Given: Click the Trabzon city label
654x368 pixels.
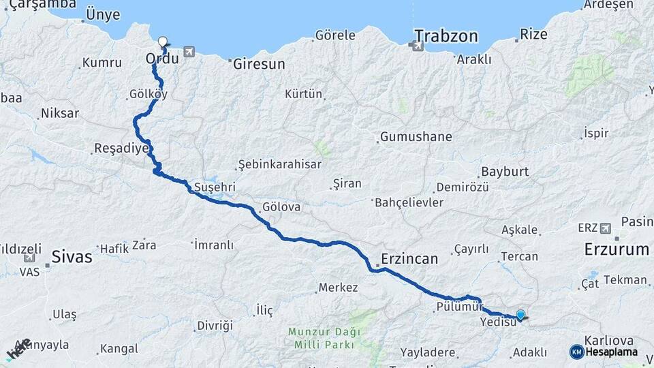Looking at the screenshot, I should pyautogui.click(x=446, y=36).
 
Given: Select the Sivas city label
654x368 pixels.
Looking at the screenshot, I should pyautogui.click(x=72, y=257).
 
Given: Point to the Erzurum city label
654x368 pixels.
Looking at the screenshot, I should pyautogui.click(x=616, y=249).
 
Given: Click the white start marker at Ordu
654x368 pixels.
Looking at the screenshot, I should pyautogui.click(x=163, y=42).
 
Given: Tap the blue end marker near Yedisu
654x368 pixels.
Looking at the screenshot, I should pyautogui.click(x=521, y=315).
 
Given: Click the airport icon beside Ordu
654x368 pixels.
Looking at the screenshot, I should pyautogui.click(x=188, y=52).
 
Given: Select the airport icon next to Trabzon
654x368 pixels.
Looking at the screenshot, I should pyautogui.click(x=414, y=46).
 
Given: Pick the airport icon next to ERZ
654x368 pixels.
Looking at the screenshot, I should pyautogui.click(x=606, y=228).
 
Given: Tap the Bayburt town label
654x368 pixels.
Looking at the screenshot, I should pyautogui.click(x=505, y=171).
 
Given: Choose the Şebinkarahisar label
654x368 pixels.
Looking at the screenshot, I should pyautogui.click(x=280, y=165).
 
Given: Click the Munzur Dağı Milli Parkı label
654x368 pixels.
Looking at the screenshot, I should pyautogui.click(x=322, y=339).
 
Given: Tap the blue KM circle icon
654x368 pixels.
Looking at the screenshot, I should pyautogui.click(x=576, y=352).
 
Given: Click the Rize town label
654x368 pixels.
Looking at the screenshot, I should pyautogui.click(x=533, y=33).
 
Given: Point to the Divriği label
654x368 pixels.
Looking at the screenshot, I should pyautogui.click(x=215, y=325).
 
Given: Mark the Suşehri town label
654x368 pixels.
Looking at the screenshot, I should pyautogui.click(x=215, y=186).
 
